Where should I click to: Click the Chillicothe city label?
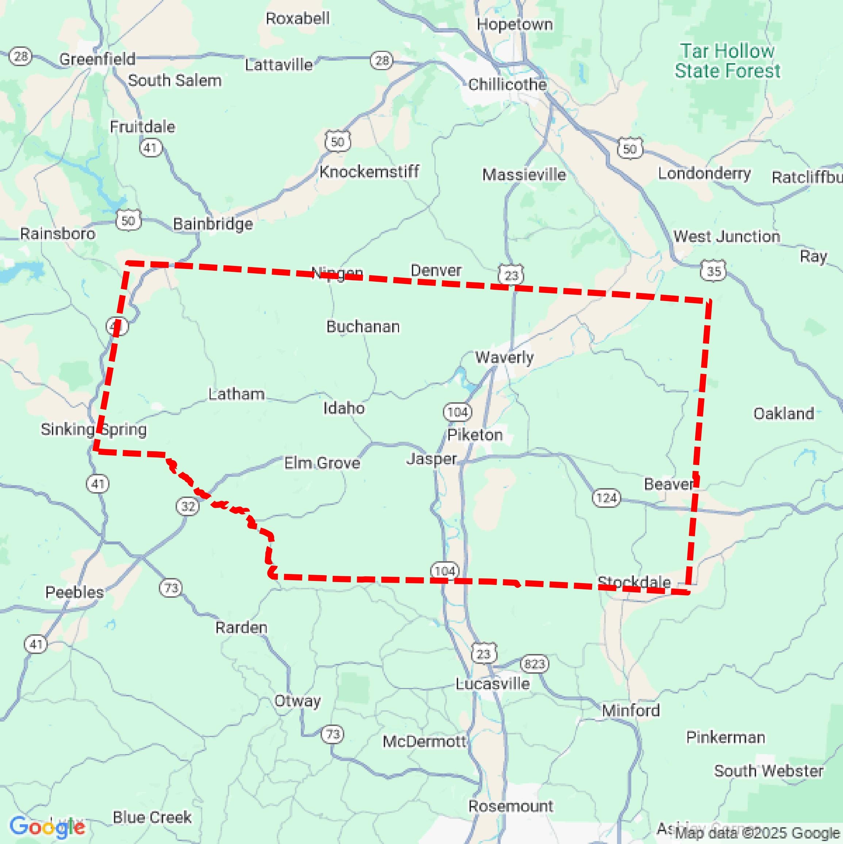(507, 84)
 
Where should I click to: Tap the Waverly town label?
(504, 358)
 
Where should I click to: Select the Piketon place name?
(475, 435)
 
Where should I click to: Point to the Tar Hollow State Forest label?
(727, 61)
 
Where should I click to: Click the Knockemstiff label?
(369, 172)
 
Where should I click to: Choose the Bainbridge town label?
(213, 224)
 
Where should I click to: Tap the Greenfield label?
(97, 59)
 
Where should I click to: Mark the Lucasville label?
(493, 684)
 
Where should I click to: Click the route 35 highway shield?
(713, 271)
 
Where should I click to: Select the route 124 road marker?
(606, 498)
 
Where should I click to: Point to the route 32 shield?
(188, 506)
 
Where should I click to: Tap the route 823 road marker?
(534, 664)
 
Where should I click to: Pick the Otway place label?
(297, 701)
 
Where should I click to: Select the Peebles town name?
(74, 592)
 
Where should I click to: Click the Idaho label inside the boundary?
(344, 408)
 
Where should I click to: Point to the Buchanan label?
(363, 327)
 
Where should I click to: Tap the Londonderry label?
(704, 174)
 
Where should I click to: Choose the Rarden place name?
(241, 628)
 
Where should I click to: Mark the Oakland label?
(783, 413)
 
